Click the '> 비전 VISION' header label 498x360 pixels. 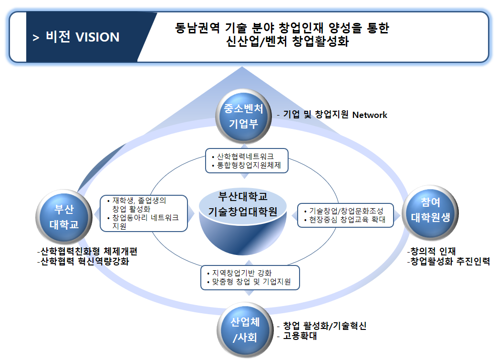pyautogui.click(x=76, y=37)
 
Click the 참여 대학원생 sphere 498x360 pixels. pyautogui.click(x=430, y=210)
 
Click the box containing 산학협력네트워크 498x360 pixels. pyautogui.click(x=247, y=161)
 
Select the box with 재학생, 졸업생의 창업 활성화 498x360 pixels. pyautogui.click(x=144, y=213)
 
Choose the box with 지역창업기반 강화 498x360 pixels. pyautogui.click(x=250, y=277)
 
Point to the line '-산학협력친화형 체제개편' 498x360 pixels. pyautogui.click(x=90, y=251)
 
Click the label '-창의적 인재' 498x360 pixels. pyautogui.click(x=432, y=251)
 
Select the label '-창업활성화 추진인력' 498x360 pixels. pyautogui.click(x=448, y=262)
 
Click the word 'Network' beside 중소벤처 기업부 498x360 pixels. pyautogui.click(x=370, y=115)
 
